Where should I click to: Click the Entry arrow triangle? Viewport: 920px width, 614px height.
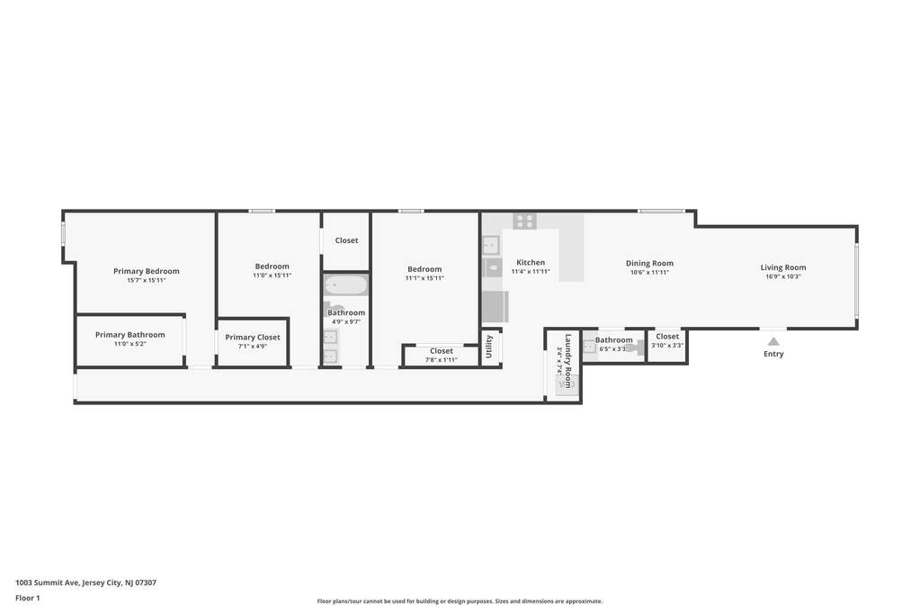774,341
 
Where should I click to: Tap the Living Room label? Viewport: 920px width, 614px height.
783,267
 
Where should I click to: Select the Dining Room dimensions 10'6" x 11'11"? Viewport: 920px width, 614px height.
649,273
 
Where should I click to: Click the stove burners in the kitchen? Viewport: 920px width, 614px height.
524,221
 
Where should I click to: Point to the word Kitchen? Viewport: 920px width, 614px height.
531,263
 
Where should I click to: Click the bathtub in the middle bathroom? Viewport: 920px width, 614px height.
346,285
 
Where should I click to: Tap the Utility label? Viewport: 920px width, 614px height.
488,347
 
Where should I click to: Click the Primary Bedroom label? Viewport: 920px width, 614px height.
146,271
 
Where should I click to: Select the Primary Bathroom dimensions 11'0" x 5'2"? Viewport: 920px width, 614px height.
130,344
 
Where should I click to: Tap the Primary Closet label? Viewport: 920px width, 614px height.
253,338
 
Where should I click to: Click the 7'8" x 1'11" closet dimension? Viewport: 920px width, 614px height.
442,360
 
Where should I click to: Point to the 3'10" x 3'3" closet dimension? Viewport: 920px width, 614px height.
667,346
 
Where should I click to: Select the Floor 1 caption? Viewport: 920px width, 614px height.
28,598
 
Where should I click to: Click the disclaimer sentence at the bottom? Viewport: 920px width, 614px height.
460,601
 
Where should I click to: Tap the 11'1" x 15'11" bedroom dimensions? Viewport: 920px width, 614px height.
424,278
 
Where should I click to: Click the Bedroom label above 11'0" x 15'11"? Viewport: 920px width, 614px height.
272,266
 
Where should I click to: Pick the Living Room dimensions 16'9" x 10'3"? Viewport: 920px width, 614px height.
783,276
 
